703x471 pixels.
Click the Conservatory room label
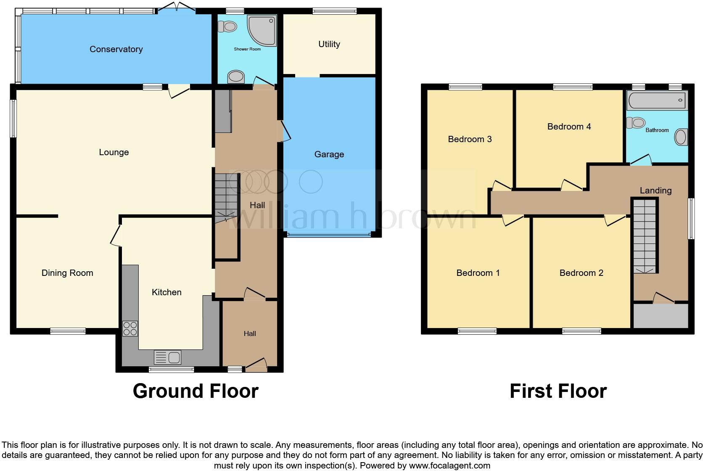(116, 49)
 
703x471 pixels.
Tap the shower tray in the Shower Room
(262, 30)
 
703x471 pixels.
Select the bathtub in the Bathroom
(657, 101)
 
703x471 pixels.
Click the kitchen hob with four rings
(130, 328)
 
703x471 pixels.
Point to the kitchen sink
(168, 357)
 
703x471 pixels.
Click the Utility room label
(329, 44)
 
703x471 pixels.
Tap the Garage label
(329, 154)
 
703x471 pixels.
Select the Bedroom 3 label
(470, 139)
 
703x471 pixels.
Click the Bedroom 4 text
(569, 127)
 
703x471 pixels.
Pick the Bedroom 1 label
(478, 273)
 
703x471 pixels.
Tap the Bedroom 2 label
(581, 273)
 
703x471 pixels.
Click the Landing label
(655, 191)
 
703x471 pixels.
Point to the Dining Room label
(67, 273)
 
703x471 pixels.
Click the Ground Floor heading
(196, 391)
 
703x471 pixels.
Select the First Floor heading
(558, 391)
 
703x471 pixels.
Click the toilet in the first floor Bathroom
(636, 123)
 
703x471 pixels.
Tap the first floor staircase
(645, 235)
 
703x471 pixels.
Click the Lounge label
(114, 152)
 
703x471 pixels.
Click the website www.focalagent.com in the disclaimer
(449, 466)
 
